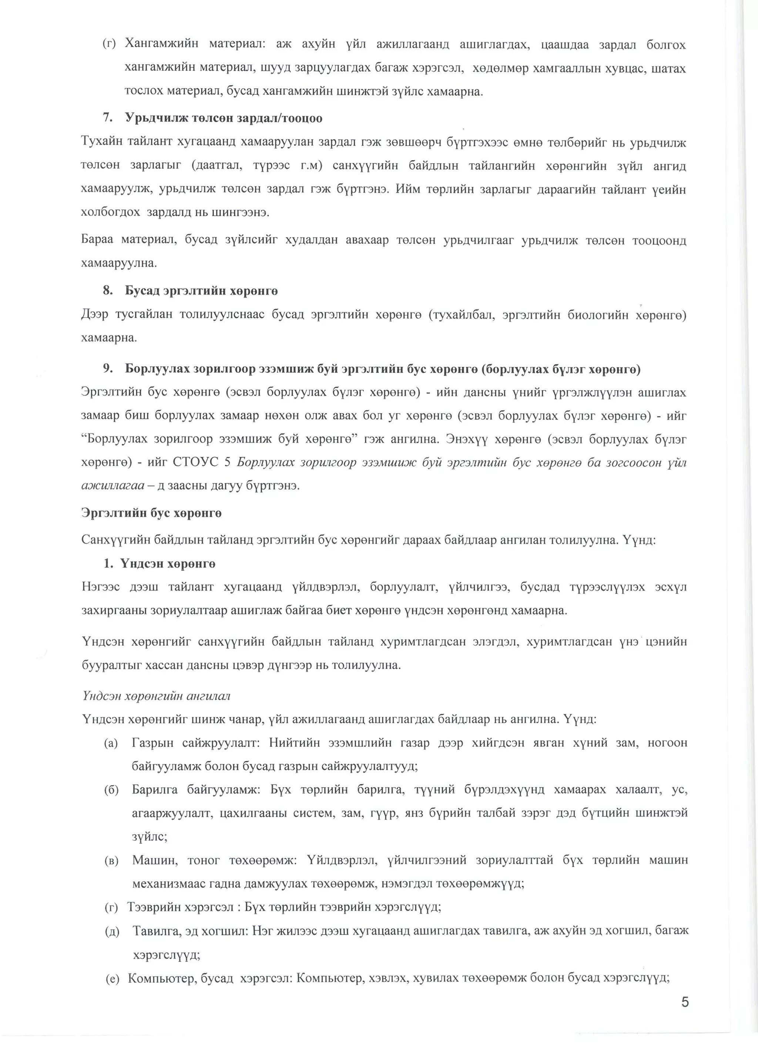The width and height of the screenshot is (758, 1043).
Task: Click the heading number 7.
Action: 108,118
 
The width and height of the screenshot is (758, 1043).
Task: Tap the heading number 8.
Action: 108,291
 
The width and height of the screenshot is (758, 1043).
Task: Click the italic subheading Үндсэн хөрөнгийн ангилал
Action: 155,696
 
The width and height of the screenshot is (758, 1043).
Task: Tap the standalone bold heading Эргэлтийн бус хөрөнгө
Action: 151,513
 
